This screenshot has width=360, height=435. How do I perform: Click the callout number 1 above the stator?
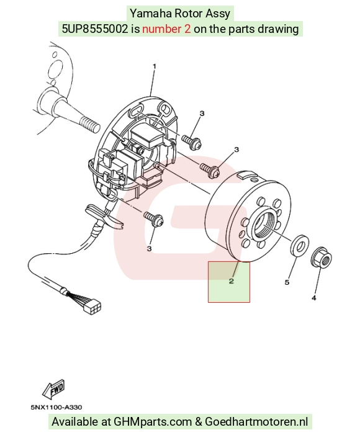click(155, 66)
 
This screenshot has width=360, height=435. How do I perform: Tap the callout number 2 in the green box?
click(232, 281)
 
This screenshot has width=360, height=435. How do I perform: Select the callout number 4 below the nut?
click(313, 298)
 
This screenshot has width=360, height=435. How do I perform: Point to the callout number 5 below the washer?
click(287, 282)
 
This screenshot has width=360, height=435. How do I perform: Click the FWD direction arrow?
click(53, 388)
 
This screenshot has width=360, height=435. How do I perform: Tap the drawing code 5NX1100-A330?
click(56, 407)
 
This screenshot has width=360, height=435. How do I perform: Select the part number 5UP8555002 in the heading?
click(94, 29)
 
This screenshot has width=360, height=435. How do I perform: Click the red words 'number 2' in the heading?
click(166, 29)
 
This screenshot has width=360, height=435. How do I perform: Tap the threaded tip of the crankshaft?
click(89, 124)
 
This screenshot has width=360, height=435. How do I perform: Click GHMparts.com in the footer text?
click(153, 422)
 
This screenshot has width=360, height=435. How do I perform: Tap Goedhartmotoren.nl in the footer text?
click(256, 422)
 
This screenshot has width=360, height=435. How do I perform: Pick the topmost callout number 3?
click(202, 113)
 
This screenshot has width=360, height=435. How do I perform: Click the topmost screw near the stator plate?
click(192, 141)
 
